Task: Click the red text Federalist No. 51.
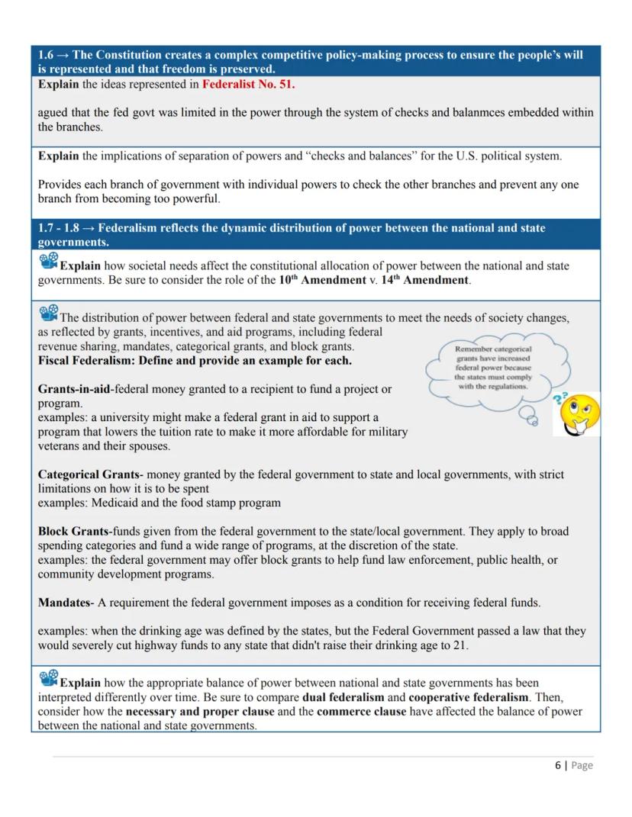click(249, 84)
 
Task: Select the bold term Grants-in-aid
click(74, 389)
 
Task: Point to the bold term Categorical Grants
click(90, 474)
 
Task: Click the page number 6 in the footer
click(557, 765)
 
